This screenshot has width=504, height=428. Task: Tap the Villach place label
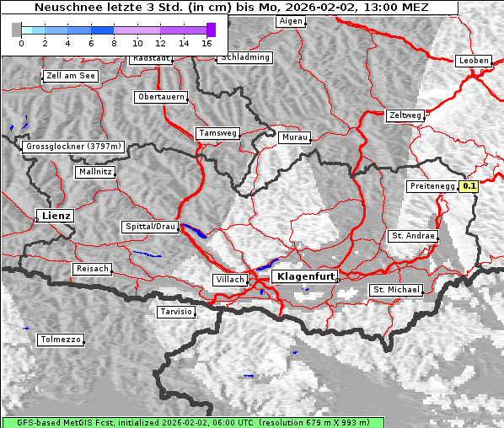point(230,279)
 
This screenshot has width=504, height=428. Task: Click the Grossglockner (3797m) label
point(73,147)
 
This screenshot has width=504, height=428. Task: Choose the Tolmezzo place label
point(61,340)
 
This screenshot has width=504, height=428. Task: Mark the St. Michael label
point(396,290)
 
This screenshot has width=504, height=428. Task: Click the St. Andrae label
point(412,236)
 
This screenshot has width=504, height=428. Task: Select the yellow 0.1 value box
point(469,186)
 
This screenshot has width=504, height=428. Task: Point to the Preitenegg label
point(432,186)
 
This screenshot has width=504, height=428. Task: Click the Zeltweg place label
point(405,115)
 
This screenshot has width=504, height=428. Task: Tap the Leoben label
point(473,61)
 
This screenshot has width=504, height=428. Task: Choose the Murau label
point(295,136)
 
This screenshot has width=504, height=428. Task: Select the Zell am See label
point(70,76)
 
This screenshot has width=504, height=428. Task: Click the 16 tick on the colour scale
point(207,42)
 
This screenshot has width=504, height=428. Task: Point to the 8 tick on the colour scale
point(114,42)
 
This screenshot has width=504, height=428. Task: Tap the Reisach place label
point(93,269)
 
